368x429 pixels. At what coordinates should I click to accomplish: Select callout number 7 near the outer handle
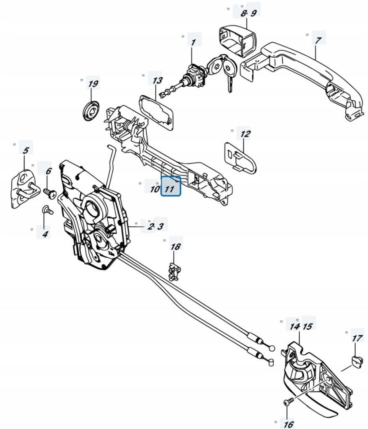pos(318,41)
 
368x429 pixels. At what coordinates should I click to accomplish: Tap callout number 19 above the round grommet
pos(93,84)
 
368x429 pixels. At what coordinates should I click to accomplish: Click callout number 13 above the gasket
pos(157,80)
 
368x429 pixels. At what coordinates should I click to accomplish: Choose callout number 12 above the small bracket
pos(245,134)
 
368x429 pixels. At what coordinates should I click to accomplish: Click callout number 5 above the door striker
pos(25,150)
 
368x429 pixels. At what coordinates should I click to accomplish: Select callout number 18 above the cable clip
pos(176,246)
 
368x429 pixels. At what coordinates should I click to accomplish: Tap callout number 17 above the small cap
pos(357,338)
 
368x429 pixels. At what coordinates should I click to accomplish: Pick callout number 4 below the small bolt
pos(44,233)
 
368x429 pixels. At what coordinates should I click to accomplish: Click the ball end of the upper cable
pos(272,347)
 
